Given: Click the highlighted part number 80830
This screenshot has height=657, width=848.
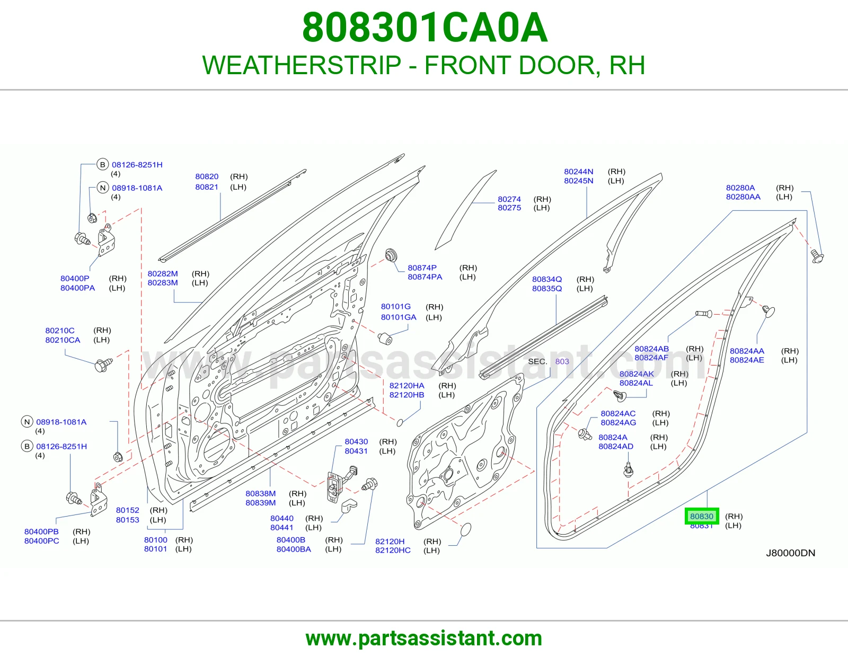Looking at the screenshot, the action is [x=701, y=516].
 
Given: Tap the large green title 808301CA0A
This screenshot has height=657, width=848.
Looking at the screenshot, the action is [x=425, y=28].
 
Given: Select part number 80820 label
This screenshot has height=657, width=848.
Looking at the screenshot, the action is [x=207, y=176].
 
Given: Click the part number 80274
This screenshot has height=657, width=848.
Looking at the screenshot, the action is [x=509, y=199].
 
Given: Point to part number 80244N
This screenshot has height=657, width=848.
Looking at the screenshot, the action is [x=578, y=171].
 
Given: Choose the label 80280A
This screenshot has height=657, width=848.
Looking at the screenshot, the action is [x=740, y=188].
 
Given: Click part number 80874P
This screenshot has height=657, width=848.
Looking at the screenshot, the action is [x=422, y=268].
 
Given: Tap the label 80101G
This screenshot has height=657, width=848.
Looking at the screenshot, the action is [x=396, y=307].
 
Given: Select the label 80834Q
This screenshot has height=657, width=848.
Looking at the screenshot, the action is [x=547, y=279].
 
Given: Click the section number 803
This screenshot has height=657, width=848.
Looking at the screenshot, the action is [x=562, y=362].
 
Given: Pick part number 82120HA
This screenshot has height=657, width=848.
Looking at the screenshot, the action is [x=407, y=386].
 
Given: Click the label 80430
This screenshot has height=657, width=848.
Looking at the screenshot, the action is [x=356, y=441].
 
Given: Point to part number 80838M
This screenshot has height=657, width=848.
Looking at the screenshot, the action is [x=260, y=493].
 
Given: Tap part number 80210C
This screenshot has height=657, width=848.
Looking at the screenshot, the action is [x=60, y=331].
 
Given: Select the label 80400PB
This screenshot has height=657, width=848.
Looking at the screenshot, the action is [x=41, y=531].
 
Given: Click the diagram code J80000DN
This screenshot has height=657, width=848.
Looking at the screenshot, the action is [x=791, y=553].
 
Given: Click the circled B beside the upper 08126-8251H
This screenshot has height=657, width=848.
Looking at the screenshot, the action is [x=102, y=165].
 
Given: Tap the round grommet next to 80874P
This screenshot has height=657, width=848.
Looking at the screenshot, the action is [x=391, y=255].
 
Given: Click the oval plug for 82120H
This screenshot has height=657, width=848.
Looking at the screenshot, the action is [x=466, y=529].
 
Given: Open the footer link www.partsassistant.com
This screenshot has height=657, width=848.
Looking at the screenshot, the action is [x=424, y=639].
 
